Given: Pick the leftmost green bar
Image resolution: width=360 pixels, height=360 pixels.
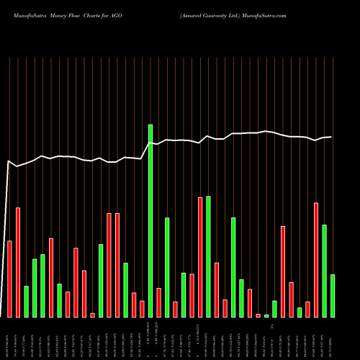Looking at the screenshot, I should pos(27,301).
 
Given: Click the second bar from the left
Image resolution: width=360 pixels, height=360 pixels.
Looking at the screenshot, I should pos(18,262).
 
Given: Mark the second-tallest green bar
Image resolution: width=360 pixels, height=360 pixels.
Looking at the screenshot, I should pos(208,256).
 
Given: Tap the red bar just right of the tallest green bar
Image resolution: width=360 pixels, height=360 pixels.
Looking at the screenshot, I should pos(158,302).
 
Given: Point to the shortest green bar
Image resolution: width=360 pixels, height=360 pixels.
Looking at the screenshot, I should pos(266,315).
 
